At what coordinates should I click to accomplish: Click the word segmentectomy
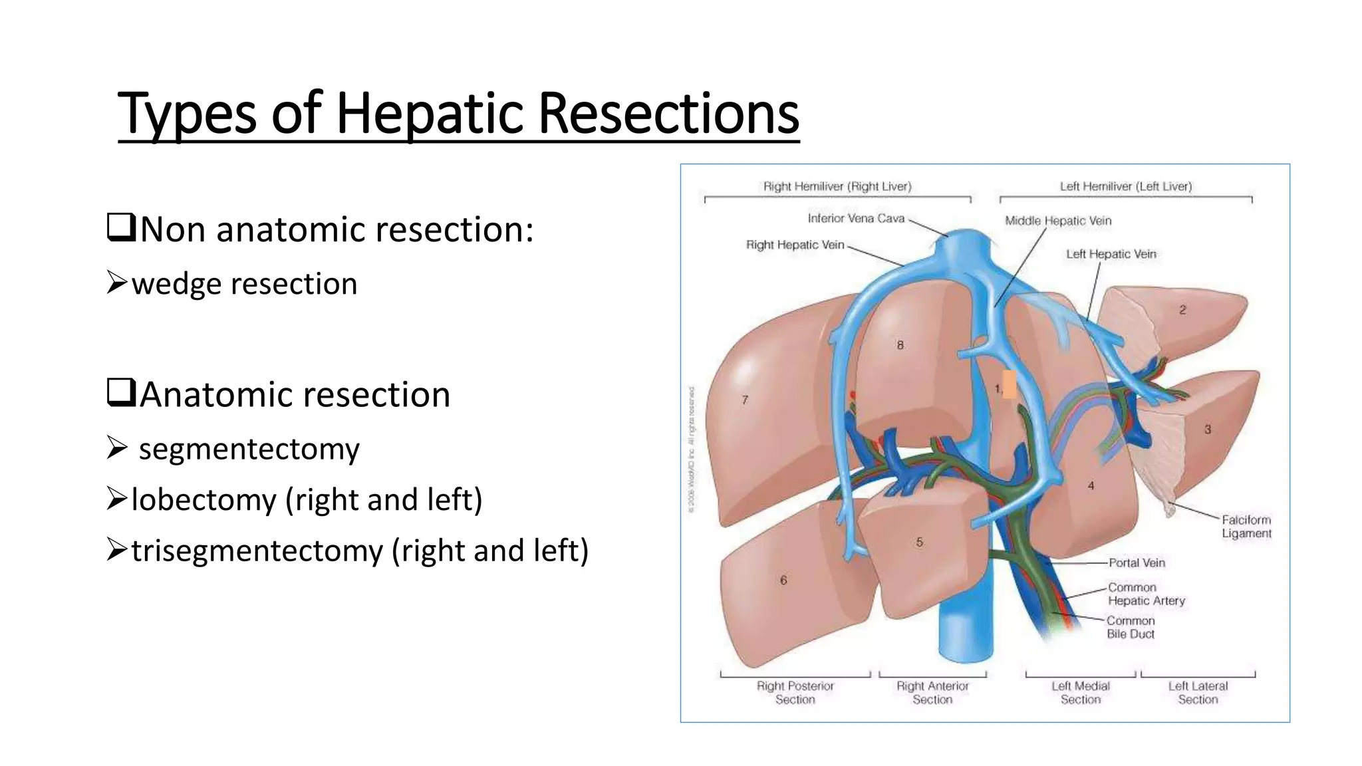[249, 449]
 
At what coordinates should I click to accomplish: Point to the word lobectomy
[204, 499]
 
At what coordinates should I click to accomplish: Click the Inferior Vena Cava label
[856, 218]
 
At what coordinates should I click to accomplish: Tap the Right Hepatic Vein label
[795, 245]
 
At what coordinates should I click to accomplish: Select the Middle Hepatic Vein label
[1057, 221]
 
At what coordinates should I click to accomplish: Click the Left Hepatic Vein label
[1111, 254]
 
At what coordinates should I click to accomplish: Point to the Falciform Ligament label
[1246, 527]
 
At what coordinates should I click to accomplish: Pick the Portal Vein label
[1137, 563]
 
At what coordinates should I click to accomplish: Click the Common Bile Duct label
[1131, 627]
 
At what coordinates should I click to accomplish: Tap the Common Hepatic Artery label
[1146, 594]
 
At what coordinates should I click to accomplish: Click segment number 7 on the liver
[745, 400]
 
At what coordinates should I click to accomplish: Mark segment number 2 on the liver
[1182, 310]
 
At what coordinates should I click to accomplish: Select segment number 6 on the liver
[783, 580]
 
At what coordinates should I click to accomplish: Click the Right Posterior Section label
[795, 692]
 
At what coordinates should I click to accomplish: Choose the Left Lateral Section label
[1198, 692]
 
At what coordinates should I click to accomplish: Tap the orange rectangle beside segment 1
[1010, 384]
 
